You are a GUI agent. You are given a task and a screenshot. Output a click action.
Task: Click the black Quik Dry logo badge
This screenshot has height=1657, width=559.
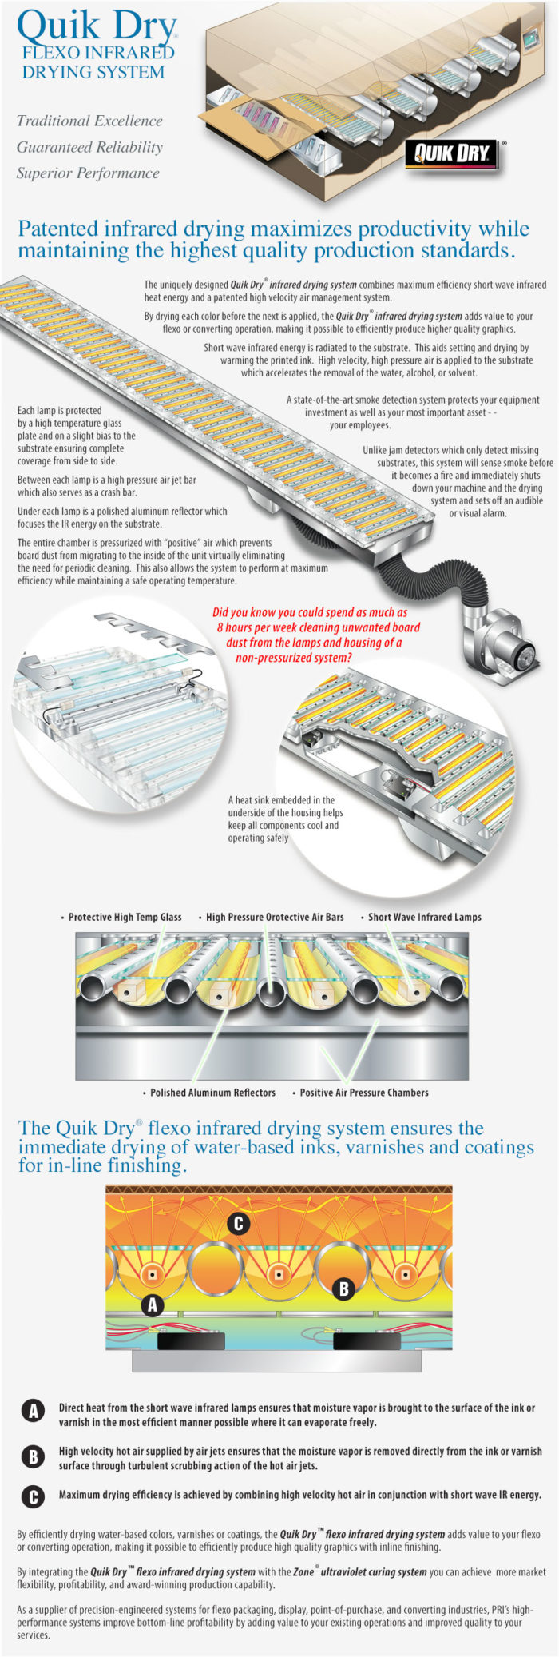coord(452,153)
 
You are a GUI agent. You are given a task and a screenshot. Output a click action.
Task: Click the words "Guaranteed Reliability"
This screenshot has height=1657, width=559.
coord(89,147)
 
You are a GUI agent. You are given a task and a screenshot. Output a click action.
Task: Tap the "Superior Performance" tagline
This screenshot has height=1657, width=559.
coord(88,173)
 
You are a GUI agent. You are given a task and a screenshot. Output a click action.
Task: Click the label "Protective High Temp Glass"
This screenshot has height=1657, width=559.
coord(121,917)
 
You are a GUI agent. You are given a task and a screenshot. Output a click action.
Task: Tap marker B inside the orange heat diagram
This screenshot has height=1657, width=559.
coord(343,1289)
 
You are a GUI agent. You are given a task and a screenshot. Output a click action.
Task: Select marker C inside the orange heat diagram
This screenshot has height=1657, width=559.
coord(237,1224)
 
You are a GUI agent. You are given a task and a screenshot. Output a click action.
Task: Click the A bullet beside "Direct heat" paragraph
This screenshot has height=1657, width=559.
coord(33,1412)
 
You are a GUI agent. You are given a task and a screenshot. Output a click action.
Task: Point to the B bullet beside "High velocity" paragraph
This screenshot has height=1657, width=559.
coord(33,1456)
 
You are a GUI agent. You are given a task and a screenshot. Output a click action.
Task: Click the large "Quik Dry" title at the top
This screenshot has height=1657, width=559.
coord(96,27)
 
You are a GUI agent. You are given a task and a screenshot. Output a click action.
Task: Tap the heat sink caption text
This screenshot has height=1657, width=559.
coord(285,819)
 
